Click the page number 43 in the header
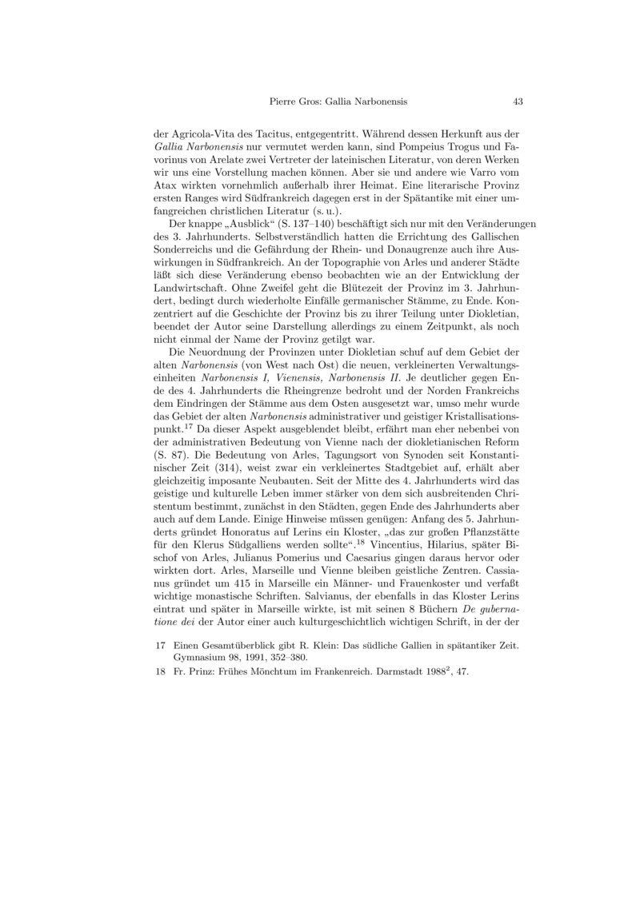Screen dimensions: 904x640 click(x=518, y=102)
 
